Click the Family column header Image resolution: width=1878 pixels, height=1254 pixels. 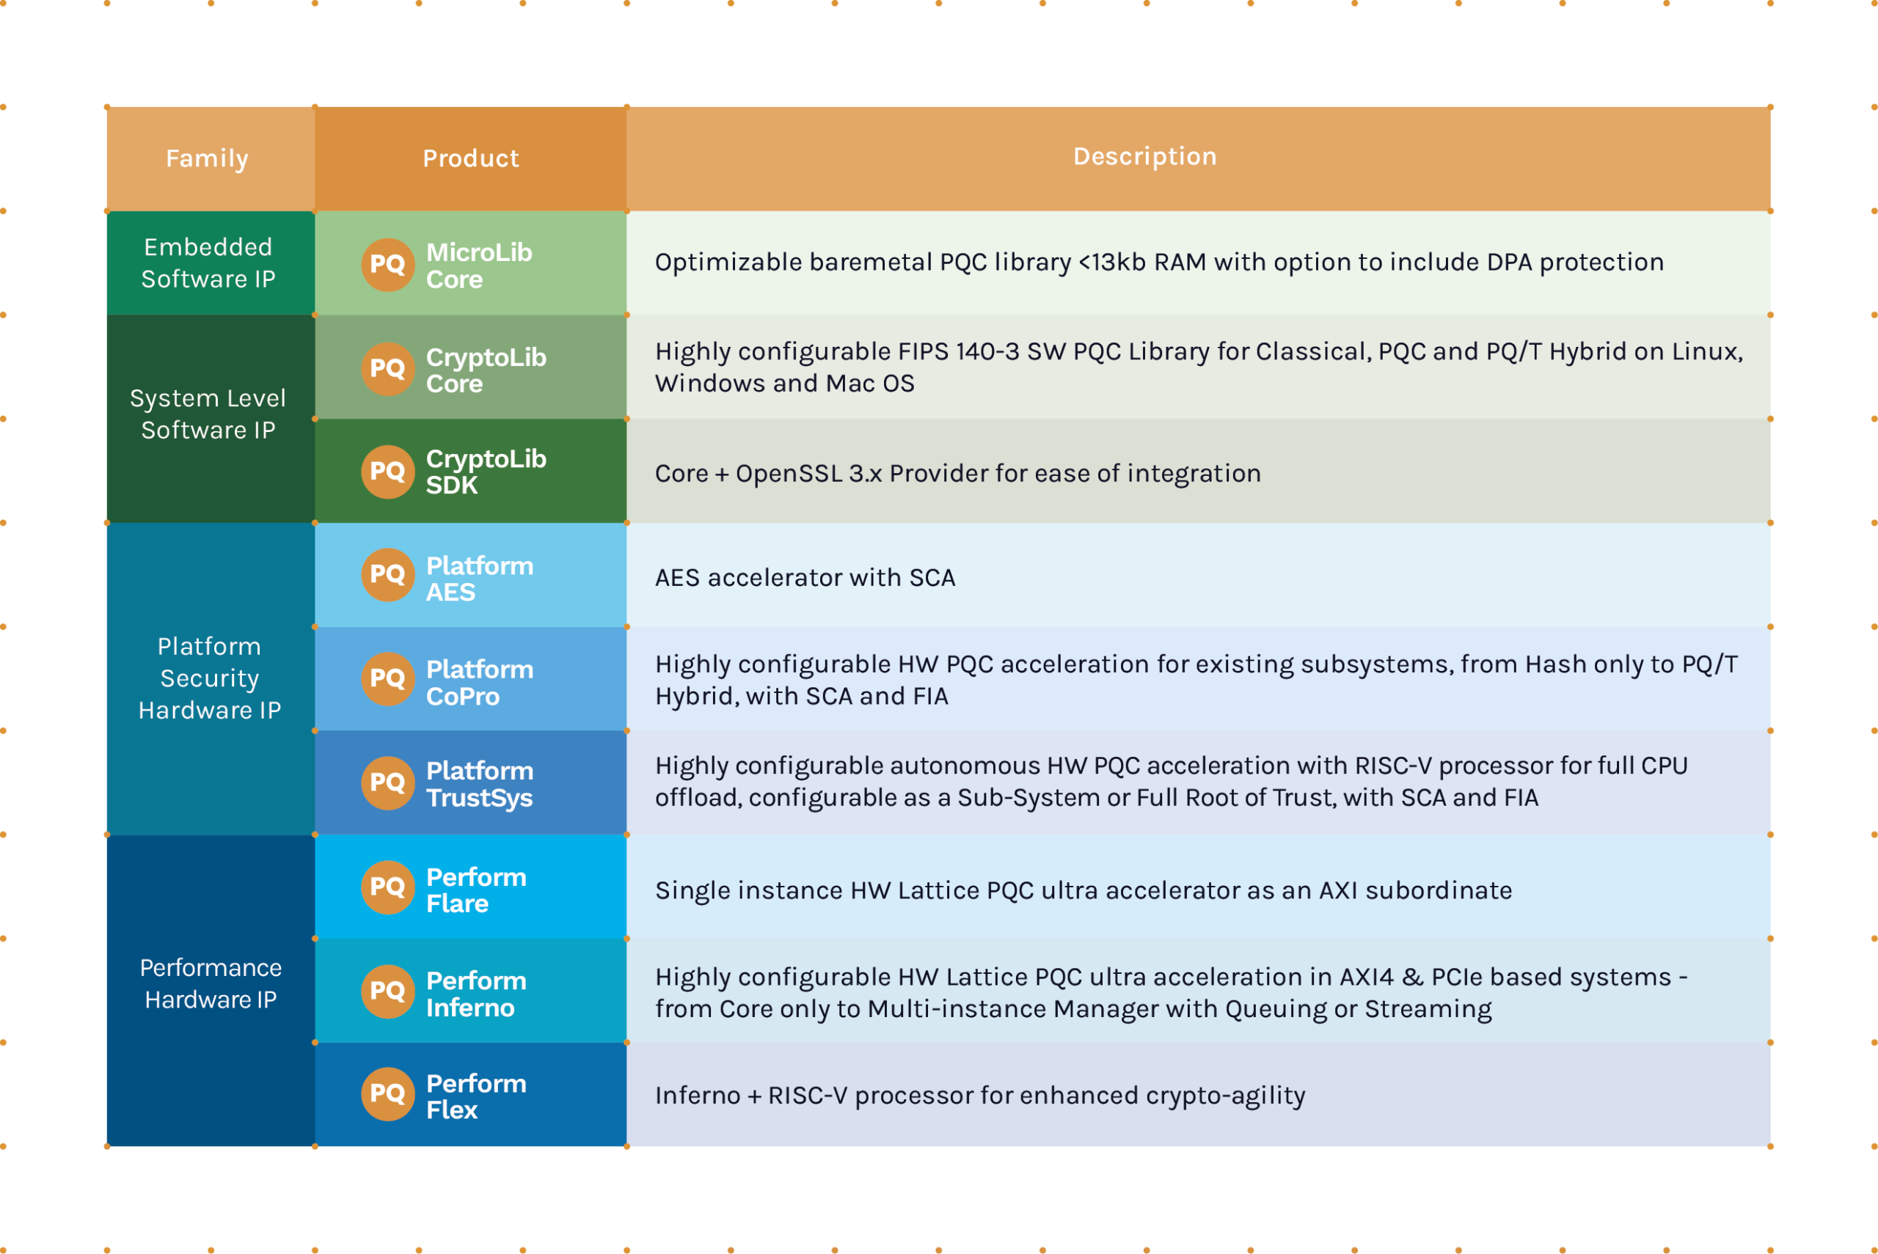(x=207, y=158)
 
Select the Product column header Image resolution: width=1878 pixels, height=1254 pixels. (x=471, y=158)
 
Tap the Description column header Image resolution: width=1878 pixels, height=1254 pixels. (x=1144, y=156)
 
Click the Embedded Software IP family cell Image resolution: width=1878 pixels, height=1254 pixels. (x=208, y=263)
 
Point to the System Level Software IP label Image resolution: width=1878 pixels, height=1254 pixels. (x=208, y=414)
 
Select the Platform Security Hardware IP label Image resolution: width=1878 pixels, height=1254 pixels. (x=210, y=678)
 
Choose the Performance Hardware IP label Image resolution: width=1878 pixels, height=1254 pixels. (x=211, y=983)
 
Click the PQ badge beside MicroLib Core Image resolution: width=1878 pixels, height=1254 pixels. (x=388, y=265)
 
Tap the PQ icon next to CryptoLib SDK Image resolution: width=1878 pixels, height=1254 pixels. (x=388, y=472)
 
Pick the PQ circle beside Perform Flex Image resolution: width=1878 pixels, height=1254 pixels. (x=388, y=1094)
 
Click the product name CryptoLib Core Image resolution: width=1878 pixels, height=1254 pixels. (x=486, y=370)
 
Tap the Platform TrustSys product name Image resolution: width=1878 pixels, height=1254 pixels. (x=480, y=785)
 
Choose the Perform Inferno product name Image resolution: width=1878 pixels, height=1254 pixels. (x=477, y=994)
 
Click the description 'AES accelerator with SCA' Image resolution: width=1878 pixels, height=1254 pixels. (x=805, y=577)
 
